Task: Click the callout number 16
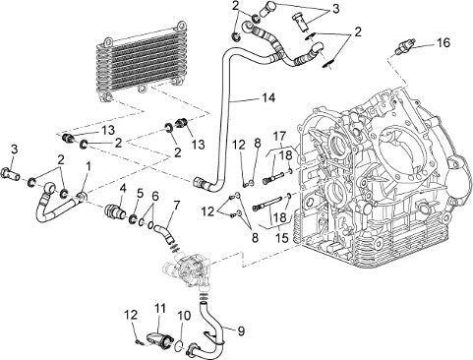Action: [x=443, y=42]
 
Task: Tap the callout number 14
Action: [x=268, y=97]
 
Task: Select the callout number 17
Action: [x=279, y=136]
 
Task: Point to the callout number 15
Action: [x=281, y=237]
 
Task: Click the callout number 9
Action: [x=241, y=331]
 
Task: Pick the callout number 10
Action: [x=184, y=316]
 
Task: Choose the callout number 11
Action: [x=160, y=309]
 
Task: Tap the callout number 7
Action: [x=176, y=206]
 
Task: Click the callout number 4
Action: [x=123, y=188]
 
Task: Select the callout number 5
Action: [x=140, y=194]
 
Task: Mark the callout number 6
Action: [x=155, y=197]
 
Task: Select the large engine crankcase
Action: [x=374, y=177]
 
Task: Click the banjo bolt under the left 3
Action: [x=11, y=172]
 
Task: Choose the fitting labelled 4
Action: [x=114, y=211]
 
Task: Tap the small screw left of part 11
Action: [x=139, y=342]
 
